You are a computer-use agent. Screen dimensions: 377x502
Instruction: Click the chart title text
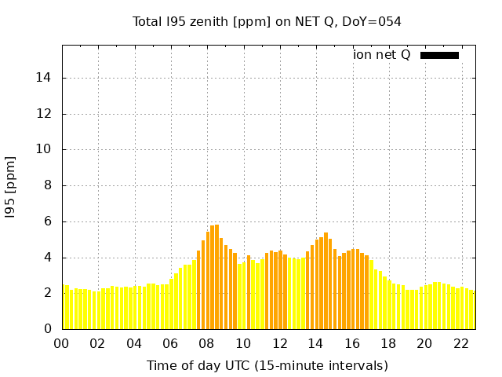click(x=267, y=21)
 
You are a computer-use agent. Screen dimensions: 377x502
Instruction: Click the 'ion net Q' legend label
click(x=382, y=54)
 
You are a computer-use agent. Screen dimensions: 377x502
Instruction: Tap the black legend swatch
click(x=439, y=55)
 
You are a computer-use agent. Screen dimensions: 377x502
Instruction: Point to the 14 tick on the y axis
click(x=46, y=78)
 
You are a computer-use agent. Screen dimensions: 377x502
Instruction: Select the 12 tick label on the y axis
click(x=46, y=114)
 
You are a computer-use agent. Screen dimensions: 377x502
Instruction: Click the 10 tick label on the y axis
click(x=46, y=149)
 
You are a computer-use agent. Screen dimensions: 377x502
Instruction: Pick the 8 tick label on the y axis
click(x=49, y=185)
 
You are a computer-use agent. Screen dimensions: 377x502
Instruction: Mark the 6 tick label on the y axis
click(x=49, y=221)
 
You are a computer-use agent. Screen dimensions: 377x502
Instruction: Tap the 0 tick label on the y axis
click(x=49, y=329)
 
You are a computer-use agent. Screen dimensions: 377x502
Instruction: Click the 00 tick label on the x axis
click(x=62, y=343)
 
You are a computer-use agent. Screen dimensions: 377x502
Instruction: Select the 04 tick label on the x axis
click(x=134, y=343)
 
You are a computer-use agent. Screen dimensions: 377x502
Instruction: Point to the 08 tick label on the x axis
click(x=207, y=343)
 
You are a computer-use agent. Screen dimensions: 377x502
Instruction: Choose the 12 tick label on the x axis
click(x=279, y=343)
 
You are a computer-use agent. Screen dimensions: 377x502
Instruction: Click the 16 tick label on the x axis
click(x=352, y=343)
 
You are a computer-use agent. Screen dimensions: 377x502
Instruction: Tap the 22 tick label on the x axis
click(x=461, y=343)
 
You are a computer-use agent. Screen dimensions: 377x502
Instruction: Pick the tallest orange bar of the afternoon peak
click(x=326, y=280)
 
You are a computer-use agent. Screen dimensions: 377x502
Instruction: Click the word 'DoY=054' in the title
click(x=372, y=21)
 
